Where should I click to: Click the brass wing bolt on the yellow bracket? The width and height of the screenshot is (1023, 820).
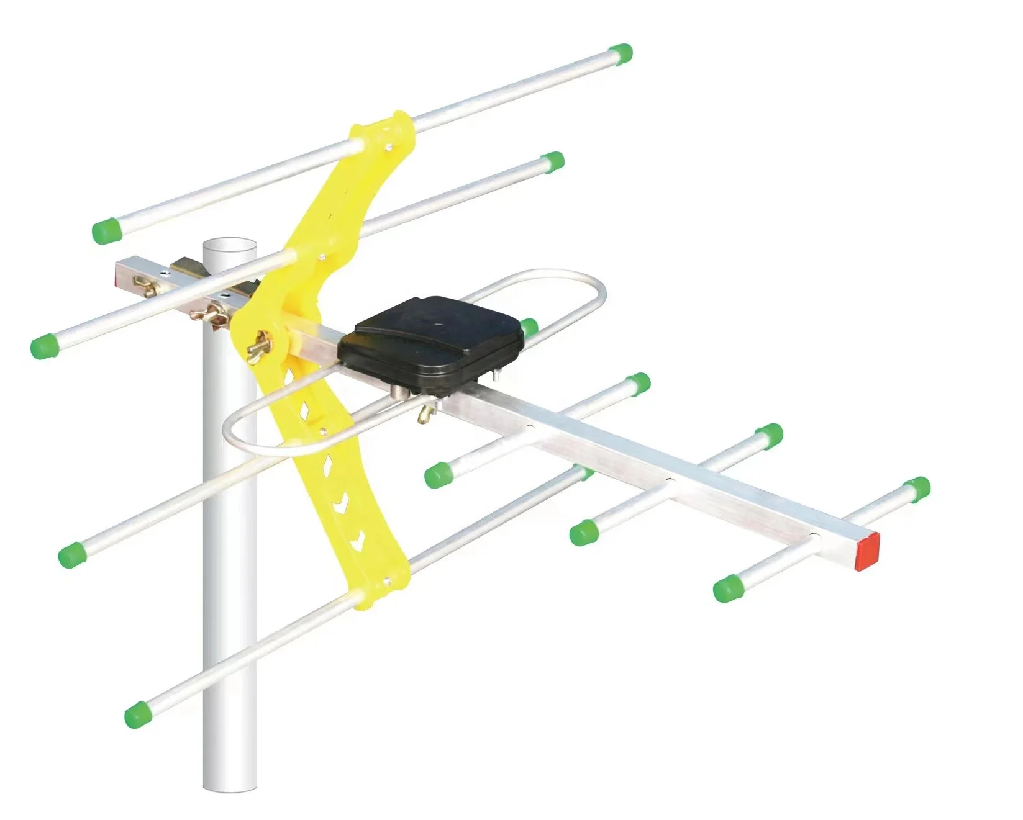[x=261, y=345]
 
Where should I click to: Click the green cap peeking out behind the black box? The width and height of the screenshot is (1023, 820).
[x=529, y=327]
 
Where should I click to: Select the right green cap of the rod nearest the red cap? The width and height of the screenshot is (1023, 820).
[x=917, y=489]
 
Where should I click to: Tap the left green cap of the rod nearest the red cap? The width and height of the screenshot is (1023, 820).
[x=725, y=588]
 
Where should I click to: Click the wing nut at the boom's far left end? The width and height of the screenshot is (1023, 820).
[x=147, y=286]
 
